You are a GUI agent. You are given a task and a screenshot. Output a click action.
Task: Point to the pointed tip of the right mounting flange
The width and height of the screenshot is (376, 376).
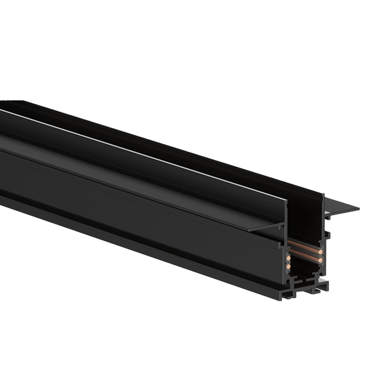click(359, 207)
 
